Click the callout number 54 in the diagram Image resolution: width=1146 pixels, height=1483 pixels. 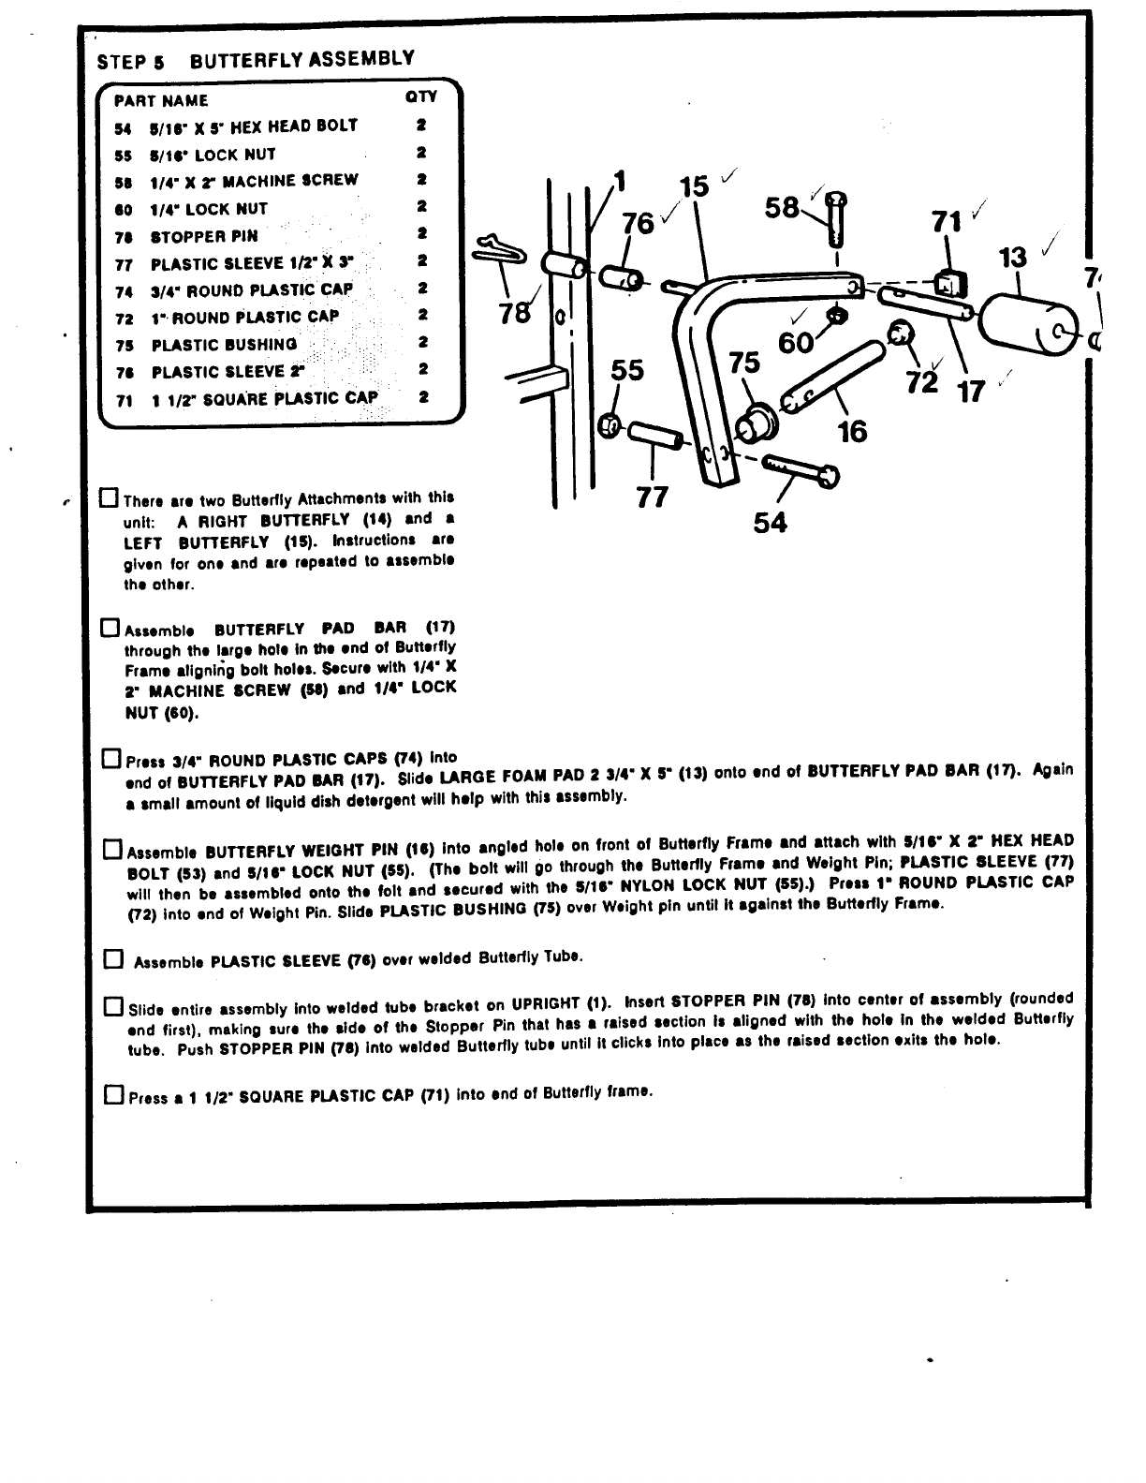click(x=770, y=523)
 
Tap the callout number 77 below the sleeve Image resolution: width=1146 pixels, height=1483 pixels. click(x=652, y=497)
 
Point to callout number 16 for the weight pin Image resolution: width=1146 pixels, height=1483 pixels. click(x=851, y=432)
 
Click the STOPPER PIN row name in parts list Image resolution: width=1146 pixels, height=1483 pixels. click(x=203, y=236)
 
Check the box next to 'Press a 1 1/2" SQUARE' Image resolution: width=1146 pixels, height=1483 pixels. click(x=113, y=1094)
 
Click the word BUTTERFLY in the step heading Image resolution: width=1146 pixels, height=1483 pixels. click(x=248, y=61)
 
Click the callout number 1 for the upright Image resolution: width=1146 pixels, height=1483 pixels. click(x=617, y=178)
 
